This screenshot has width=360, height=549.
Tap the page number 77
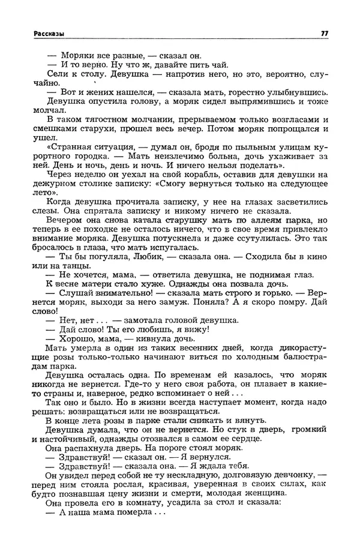coord(324,34)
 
